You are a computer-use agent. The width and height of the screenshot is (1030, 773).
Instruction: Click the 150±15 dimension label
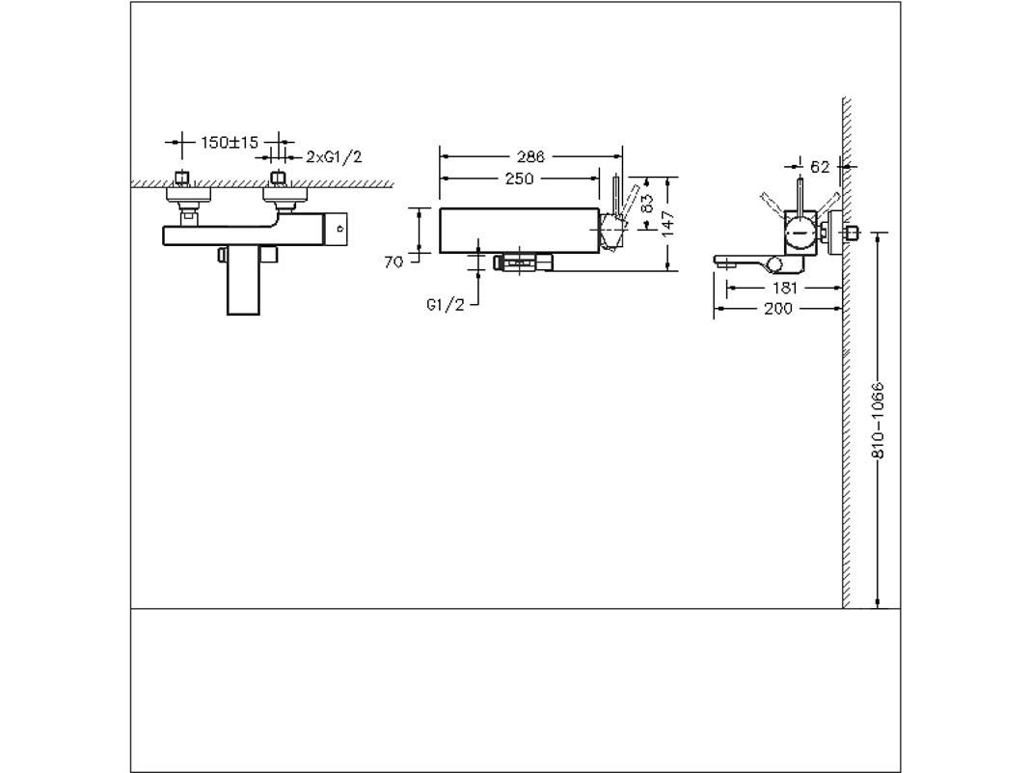230,143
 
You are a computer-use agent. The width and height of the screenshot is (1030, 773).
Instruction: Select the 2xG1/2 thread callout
334,156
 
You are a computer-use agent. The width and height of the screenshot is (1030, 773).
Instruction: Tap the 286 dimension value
529,156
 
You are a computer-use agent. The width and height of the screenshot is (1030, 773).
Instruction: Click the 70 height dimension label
393,262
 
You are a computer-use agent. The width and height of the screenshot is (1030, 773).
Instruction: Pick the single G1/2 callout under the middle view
445,305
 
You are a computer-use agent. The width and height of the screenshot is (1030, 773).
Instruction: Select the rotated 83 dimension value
647,204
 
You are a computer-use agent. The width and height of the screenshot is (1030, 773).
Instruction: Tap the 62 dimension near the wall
820,167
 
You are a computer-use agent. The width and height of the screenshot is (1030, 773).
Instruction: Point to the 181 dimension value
785,288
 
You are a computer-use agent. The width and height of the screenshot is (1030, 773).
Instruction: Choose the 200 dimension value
777,308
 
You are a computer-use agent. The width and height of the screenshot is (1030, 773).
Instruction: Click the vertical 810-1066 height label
878,421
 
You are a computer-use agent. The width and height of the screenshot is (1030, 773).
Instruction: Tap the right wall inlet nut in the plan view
279,178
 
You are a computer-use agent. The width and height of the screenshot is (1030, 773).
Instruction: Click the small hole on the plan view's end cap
339,230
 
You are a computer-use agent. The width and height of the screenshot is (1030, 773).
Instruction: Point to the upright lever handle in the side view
800,194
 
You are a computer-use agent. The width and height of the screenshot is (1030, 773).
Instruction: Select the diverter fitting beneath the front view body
521,261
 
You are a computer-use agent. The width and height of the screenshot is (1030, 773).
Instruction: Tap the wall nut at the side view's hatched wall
850,235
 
